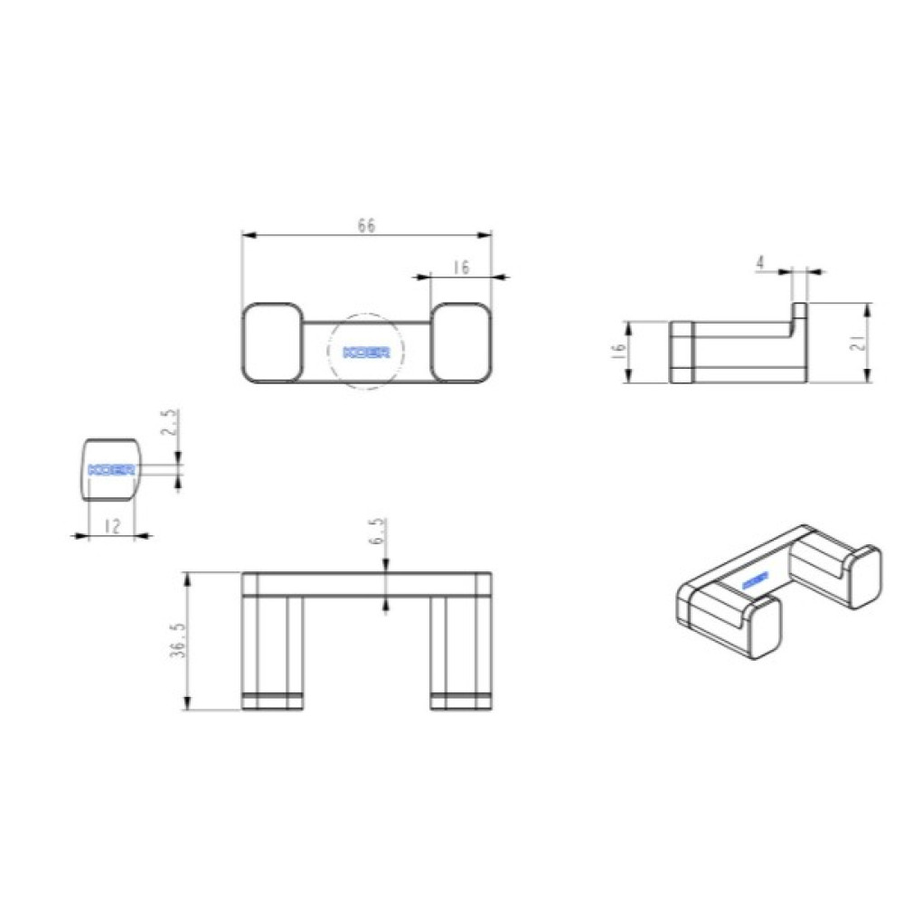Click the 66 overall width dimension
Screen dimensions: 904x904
367,225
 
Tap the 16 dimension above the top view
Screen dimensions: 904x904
461,268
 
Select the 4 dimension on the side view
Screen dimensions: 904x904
760,263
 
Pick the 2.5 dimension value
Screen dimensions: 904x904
171,423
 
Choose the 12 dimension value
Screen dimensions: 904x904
112,526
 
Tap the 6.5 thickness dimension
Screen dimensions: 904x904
376,531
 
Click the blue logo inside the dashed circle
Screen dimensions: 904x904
366,353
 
